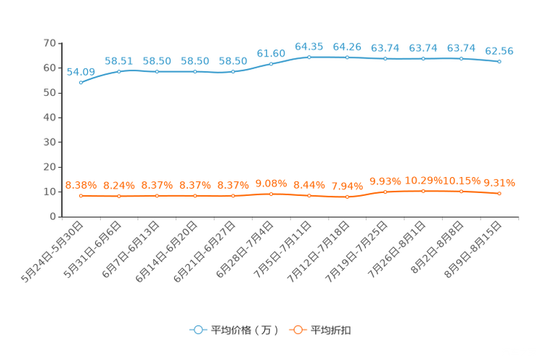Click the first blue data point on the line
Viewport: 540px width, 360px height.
point(81,82)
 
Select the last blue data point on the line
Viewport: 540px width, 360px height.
point(499,62)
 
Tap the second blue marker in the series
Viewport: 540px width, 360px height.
point(119,71)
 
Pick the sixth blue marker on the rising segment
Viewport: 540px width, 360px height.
point(271,64)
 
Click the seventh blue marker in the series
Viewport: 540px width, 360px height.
point(309,57)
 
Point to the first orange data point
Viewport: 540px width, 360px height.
point(81,196)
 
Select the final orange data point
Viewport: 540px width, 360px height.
point(499,194)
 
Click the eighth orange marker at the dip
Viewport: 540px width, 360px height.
point(348,197)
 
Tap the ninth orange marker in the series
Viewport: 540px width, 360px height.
point(385,192)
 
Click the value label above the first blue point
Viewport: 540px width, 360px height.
point(81,71)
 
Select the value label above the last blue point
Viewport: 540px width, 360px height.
point(499,51)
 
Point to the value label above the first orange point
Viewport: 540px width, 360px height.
point(81,186)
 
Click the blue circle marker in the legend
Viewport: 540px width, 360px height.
point(197,330)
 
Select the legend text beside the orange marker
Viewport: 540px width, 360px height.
point(332,330)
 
